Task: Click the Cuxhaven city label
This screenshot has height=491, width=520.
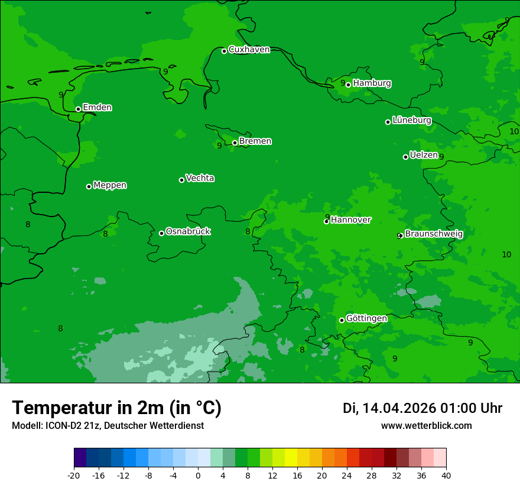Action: (249, 50)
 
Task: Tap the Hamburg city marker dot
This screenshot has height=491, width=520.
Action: (349, 85)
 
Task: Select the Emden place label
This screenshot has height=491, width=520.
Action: (97, 108)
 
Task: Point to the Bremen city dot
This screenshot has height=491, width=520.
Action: (235, 143)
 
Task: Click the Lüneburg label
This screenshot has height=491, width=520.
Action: (411, 120)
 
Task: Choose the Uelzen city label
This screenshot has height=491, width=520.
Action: (424, 155)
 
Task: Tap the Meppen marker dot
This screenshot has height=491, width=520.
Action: (89, 186)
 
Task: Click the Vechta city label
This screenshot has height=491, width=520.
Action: (200, 178)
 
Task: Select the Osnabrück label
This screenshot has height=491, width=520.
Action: (188, 231)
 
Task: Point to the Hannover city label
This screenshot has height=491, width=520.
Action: (350, 220)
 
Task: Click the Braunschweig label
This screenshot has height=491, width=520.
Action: (434, 234)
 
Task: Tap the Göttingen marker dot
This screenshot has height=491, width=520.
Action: (342, 321)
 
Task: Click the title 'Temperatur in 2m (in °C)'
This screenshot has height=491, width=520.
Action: (116, 408)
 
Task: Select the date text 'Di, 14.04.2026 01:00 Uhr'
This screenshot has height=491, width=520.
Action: (422, 408)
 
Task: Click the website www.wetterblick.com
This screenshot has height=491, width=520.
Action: (426, 426)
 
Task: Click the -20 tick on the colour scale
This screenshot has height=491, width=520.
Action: (74, 475)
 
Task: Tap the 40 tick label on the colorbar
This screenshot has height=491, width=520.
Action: (446, 475)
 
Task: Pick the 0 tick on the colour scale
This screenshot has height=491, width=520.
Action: (198, 475)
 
